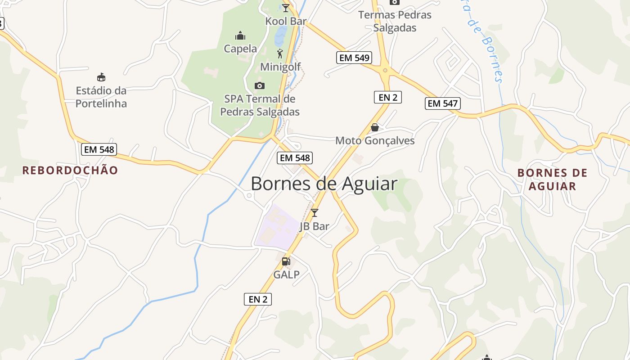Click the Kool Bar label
click(286, 21)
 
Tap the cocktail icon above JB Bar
click(315, 212)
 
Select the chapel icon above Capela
click(240, 36)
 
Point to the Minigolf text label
click(280, 67)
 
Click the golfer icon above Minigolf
click(280, 54)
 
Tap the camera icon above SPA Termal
click(259, 85)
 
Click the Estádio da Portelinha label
click(101, 97)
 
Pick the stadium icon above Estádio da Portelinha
click(101, 77)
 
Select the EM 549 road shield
click(354, 58)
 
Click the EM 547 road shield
click(443, 103)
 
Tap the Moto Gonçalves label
click(375, 141)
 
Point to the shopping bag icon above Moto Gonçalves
click(375, 127)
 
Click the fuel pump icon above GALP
click(286, 261)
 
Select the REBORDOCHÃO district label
click(70, 171)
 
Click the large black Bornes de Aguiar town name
click(324, 184)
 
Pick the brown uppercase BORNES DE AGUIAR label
click(552, 180)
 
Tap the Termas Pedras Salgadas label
click(395, 21)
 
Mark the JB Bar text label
click(314, 226)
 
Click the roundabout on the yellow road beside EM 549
click(385, 70)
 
